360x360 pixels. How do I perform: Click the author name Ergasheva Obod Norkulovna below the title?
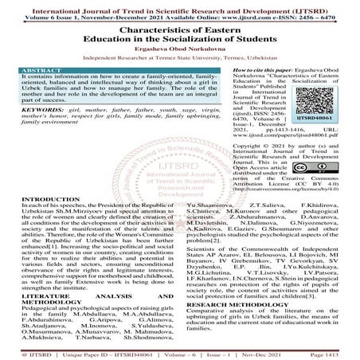(x=180, y=48)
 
